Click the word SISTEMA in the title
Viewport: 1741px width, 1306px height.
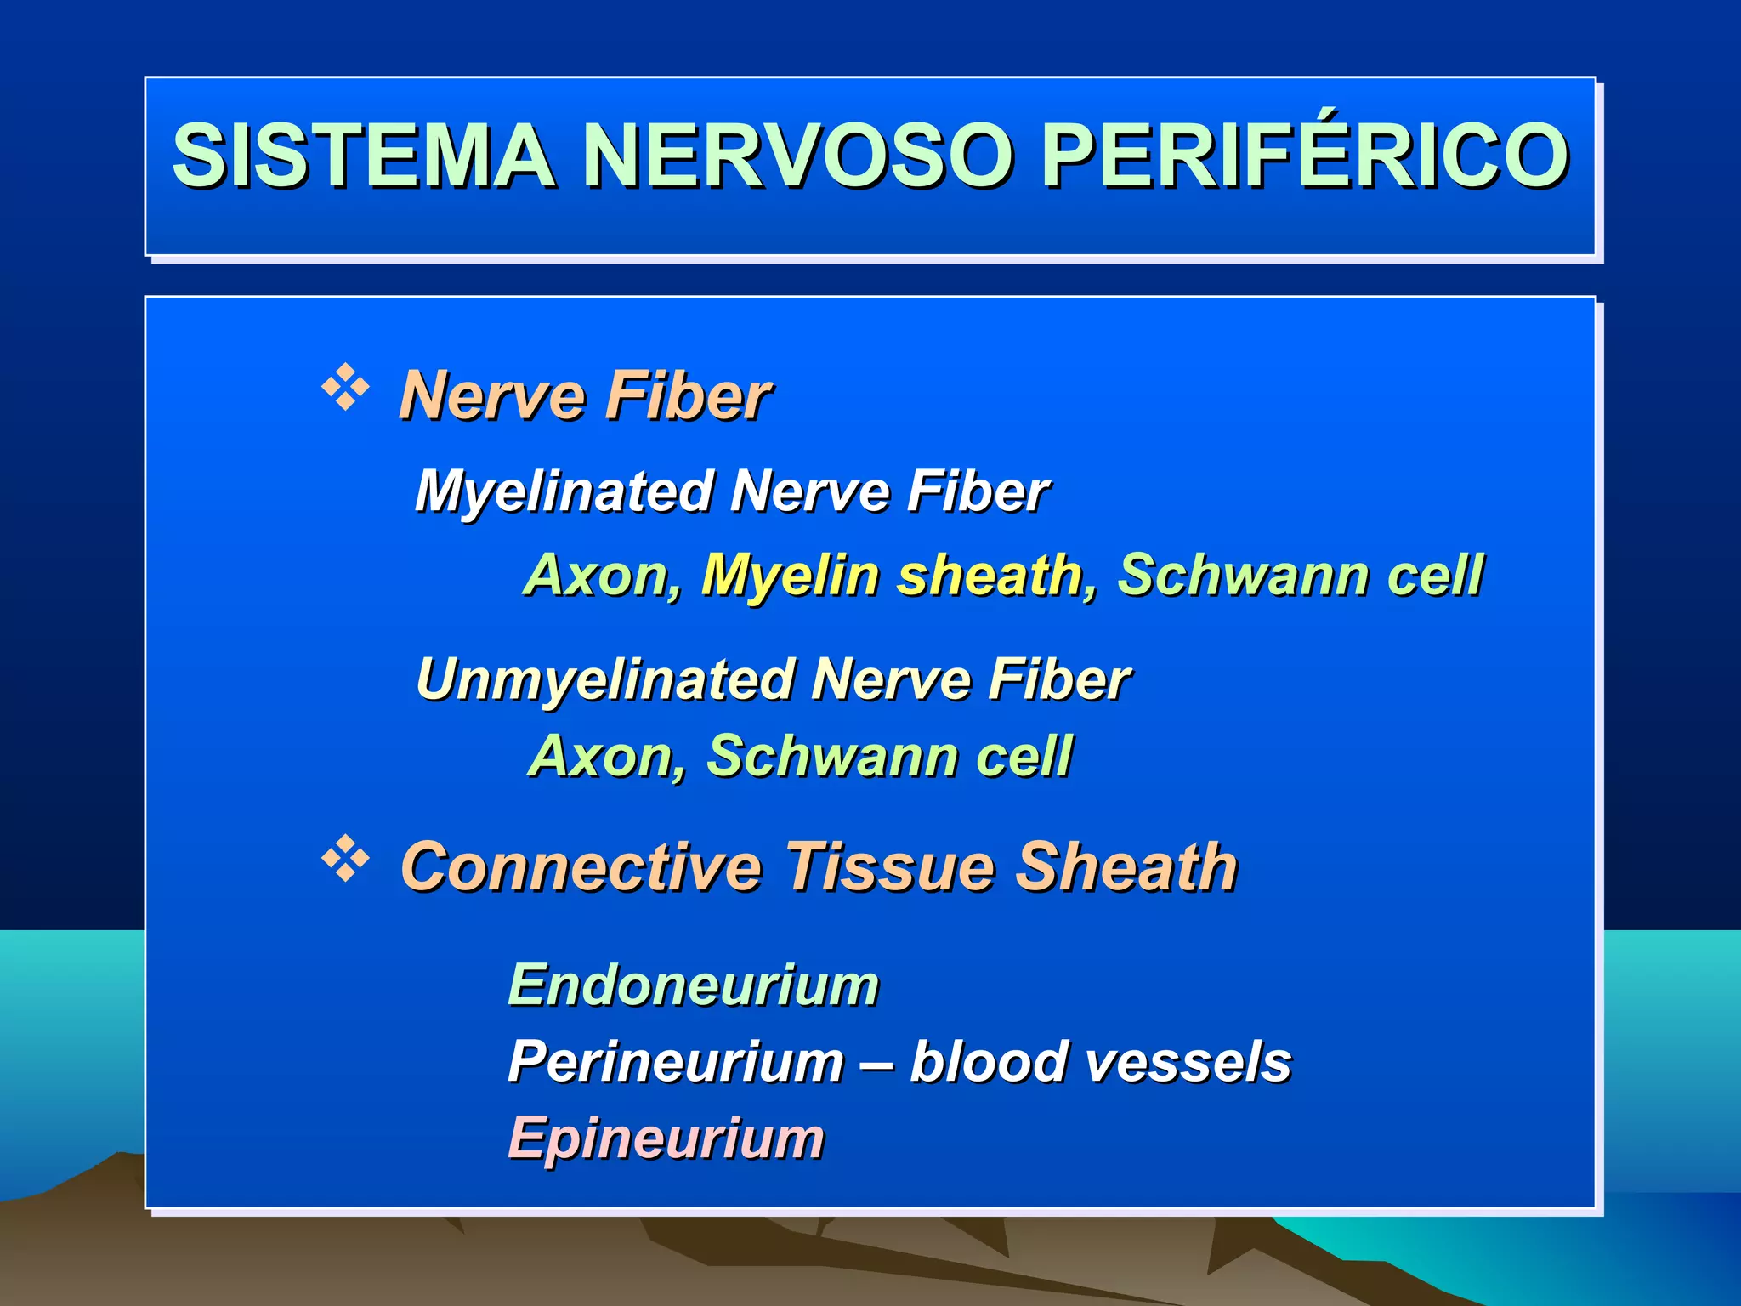[x=363, y=155]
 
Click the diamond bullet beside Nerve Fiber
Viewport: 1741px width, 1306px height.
[x=345, y=388]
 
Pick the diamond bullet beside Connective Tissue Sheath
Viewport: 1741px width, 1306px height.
[x=345, y=859]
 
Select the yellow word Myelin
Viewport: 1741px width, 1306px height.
[x=790, y=576]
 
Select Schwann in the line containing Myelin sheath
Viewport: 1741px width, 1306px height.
[x=1242, y=576]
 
